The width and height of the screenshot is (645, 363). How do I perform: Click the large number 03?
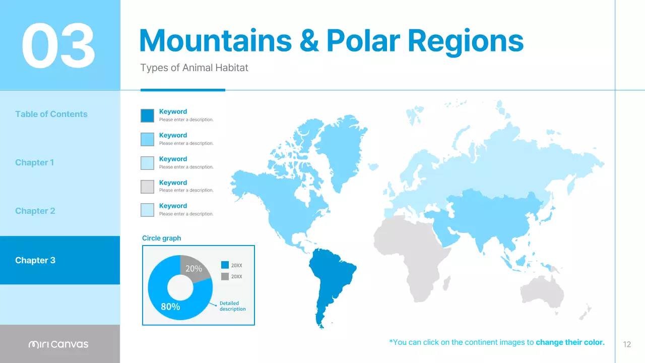tap(58, 46)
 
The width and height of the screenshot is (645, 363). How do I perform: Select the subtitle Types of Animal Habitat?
tap(194, 68)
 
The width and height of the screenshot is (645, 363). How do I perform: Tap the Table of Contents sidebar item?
tap(51, 114)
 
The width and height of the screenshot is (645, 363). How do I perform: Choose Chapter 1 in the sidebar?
tap(35, 162)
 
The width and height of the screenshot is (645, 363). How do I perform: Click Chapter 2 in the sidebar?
tap(35, 211)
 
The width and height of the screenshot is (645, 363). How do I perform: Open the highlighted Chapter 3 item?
tap(35, 260)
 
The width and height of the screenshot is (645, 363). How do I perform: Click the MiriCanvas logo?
tap(58, 344)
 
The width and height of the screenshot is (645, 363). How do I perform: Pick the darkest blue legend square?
tap(147, 115)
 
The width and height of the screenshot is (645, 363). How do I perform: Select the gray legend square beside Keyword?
tap(147, 187)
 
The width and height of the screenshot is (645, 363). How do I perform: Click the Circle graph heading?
tap(161, 238)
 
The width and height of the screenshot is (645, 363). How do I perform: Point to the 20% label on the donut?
tap(193, 269)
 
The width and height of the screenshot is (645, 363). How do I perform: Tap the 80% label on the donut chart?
tap(170, 306)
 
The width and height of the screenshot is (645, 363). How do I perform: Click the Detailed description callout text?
tap(232, 306)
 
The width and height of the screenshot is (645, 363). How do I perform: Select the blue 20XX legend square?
tap(225, 265)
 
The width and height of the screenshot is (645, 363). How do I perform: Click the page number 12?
tap(627, 345)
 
